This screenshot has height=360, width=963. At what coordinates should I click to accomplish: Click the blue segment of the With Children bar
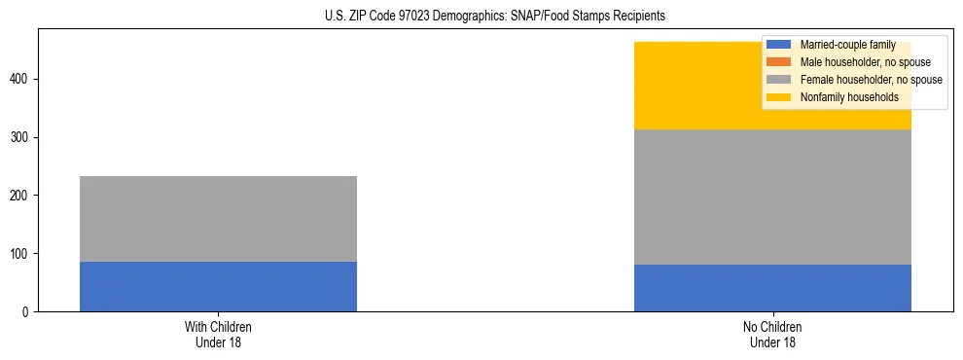click(218, 286)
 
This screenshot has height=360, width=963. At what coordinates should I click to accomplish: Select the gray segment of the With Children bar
click(218, 219)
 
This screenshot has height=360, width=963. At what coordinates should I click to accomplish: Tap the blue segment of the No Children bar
click(772, 288)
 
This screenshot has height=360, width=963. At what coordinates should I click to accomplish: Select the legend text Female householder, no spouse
click(871, 80)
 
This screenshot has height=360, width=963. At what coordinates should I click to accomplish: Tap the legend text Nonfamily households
click(842, 97)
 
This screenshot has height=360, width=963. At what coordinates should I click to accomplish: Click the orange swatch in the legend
click(779, 62)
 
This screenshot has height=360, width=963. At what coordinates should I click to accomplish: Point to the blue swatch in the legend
click(779, 45)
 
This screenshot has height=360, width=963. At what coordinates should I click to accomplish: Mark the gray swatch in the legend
click(779, 80)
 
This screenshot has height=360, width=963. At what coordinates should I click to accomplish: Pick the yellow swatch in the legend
click(779, 97)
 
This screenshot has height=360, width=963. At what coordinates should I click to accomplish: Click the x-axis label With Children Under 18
click(218, 334)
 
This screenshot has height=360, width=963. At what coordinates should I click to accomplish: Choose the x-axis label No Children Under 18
click(772, 334)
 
